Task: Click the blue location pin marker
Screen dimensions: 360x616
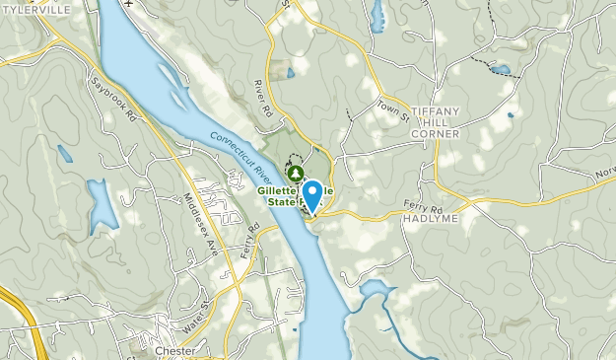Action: [x=313, y=194]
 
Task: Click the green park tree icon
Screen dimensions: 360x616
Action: [x=291, y=171]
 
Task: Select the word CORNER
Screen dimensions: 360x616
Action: [x=438, y=133]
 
